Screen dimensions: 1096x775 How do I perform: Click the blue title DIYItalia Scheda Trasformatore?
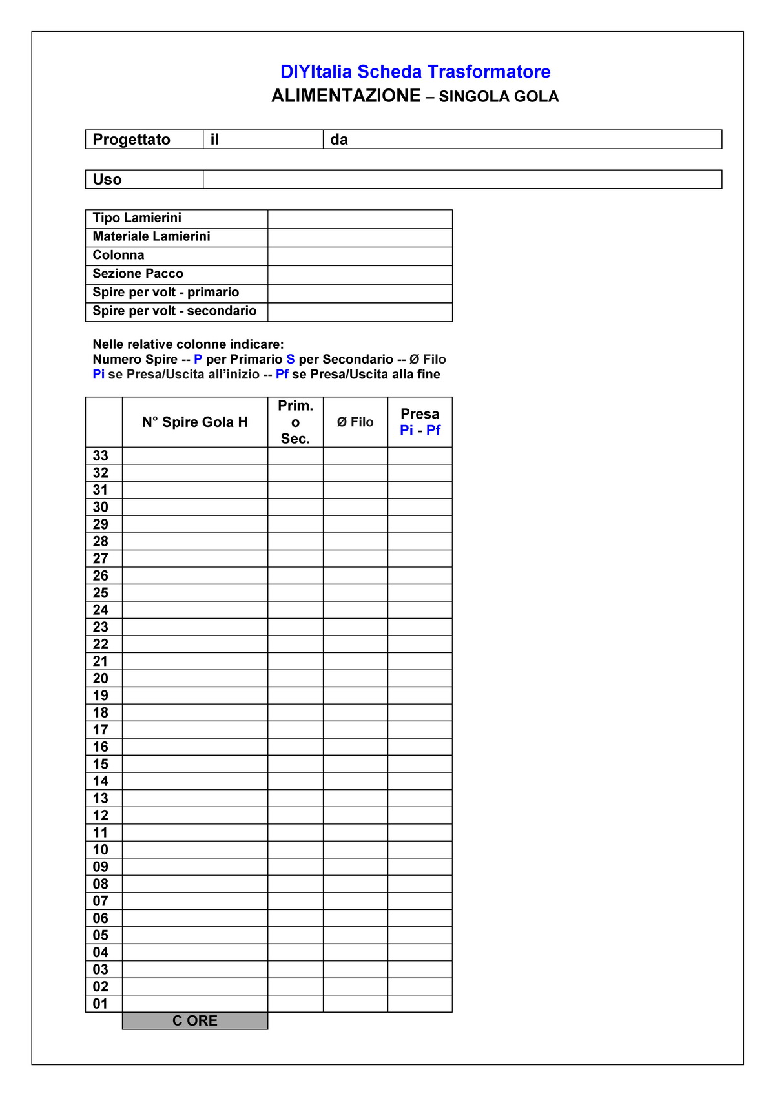[415, 72]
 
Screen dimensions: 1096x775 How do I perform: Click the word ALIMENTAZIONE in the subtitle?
[346, 96]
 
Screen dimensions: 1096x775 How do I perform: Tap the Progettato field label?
[132, 140]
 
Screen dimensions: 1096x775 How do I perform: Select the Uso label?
[107, 180]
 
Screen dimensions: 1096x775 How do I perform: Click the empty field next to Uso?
[462, 180]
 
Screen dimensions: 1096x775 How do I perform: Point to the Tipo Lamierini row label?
[137, 218]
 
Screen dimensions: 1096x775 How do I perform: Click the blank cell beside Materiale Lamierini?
[360, 237]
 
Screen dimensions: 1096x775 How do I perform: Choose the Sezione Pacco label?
[138, 274]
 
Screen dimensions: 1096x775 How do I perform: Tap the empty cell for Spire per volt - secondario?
[360, 312]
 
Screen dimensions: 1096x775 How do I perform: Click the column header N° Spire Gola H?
[195, 422]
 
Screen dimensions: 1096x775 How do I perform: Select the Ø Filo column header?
[355, 422]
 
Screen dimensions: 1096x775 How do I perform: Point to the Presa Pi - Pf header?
[420, 422]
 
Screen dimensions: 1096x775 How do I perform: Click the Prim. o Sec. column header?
[295, 422]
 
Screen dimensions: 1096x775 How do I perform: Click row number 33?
[101, 456]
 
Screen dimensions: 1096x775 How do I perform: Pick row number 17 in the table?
[101, 730]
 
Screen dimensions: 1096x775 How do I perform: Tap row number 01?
[101, 1004]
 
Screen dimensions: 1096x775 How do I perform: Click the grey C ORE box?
[195, 1020]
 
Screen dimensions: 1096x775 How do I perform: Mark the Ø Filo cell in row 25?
[355, 593]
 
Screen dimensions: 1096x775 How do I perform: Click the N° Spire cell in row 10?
[195, 849]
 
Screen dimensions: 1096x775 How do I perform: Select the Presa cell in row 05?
[420, 935]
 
